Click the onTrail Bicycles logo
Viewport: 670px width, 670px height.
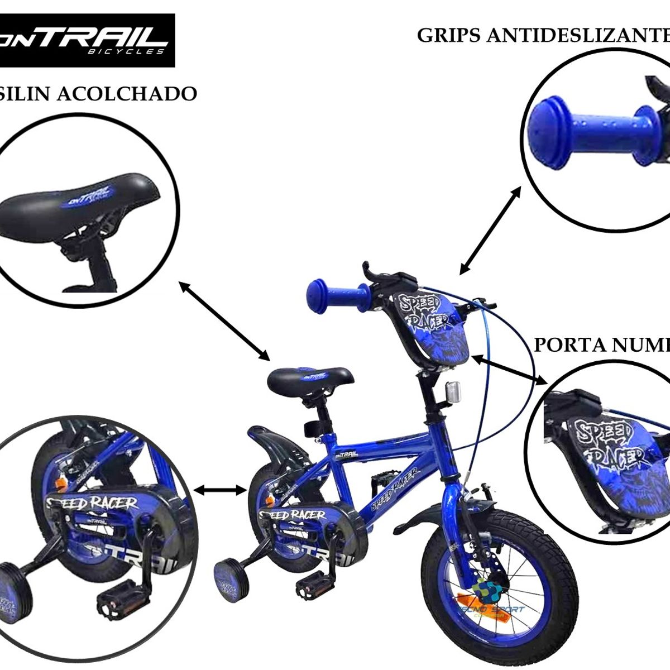pyautogui.click(x=88, y=40)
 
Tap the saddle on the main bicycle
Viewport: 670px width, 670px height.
pyautogui.click(x=310, y=379)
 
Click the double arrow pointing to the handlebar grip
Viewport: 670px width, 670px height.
pyautogui.click(x=490, y=230)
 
